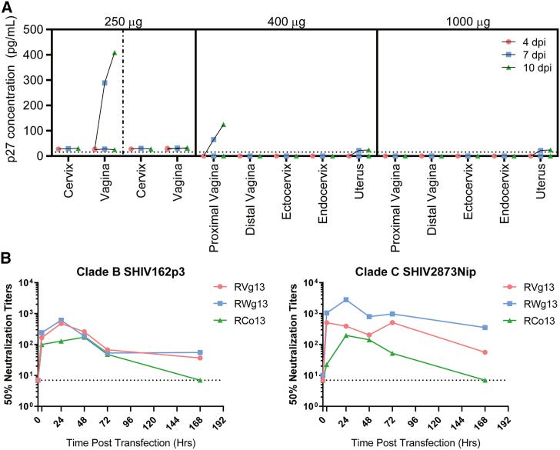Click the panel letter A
pyautogui.click(x=7, y=7)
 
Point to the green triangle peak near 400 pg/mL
pyautogui.click(x=115, y=53)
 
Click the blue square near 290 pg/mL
pyautogui.click(x=105, y=83)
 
